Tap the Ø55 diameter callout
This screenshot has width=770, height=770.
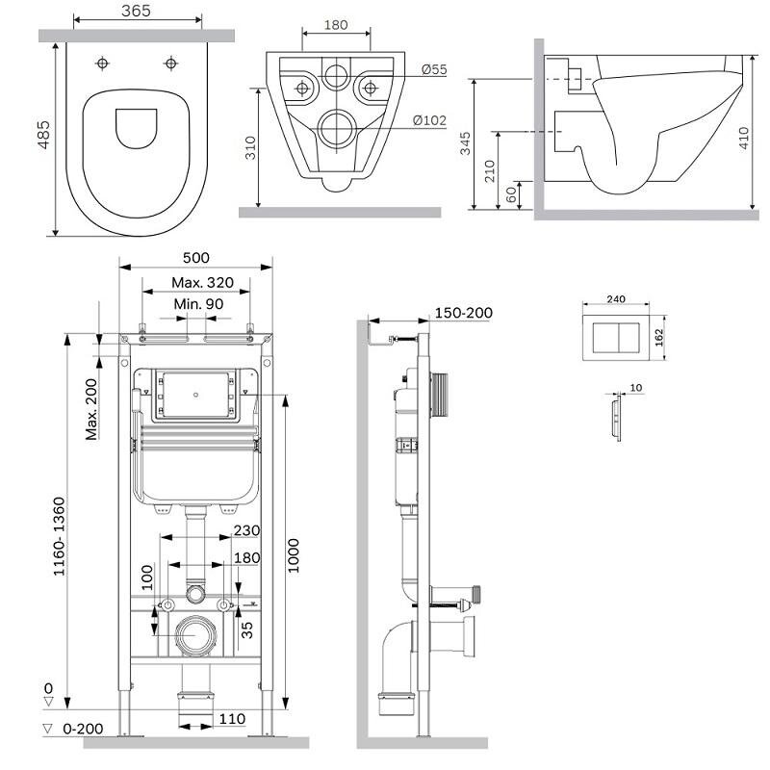click(x=431, y=70)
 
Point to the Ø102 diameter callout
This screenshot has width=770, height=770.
click(x=429, y=120)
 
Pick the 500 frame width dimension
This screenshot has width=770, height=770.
click(x=194, y=257)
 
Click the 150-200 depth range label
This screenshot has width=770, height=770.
click(x=462, y=313)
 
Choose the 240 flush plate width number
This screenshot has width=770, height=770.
click(x=617, y=299)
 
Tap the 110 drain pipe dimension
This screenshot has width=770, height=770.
click(x=231, y=719)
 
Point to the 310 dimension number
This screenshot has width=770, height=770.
click(x=249, y=145)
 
